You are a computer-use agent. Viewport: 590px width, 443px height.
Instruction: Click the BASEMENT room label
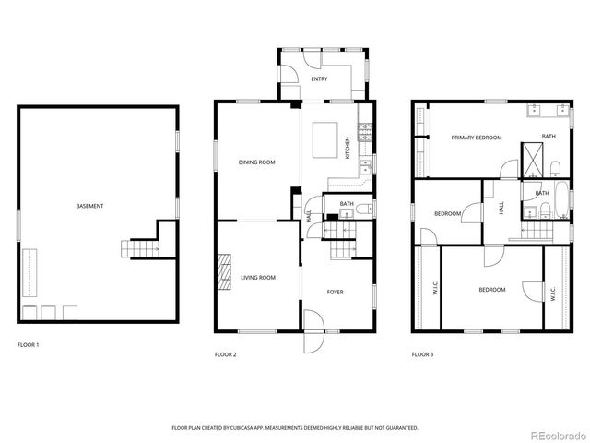(x=89, y=206)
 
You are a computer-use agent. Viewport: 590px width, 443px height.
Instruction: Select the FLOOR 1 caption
(x=29, y=344)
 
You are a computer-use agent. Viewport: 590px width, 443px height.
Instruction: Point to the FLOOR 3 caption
(x=422, y=354)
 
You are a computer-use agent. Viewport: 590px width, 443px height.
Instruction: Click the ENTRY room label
(x=320, y=79)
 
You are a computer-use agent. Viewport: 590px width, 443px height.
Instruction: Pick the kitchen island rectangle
(x=325, y=139)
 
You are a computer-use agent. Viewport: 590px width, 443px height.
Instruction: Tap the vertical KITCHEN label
(x=348, y=149)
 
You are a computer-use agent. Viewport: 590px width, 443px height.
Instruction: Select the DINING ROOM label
(x=257, y=162)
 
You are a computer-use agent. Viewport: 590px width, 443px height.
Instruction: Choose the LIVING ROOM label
(x=258, y=277)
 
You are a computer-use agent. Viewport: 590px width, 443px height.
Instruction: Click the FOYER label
(x=335, y=292)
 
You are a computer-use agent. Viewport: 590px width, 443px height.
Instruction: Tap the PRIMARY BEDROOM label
(x=477, y=138)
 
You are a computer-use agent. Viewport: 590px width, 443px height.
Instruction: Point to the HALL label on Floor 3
(x=501, y=210)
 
